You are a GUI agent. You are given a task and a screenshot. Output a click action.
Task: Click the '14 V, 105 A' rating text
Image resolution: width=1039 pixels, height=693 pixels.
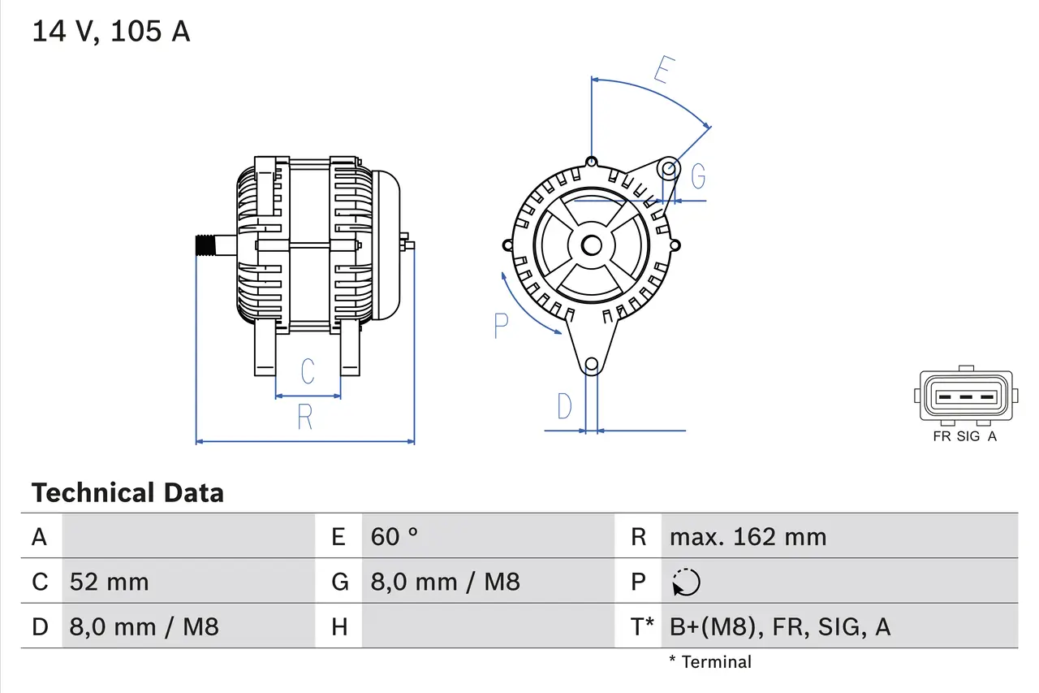pyautogui.click(x=110, y=32)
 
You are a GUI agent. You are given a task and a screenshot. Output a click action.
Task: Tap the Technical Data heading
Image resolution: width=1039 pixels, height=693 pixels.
pyautogui.click(x=127, y=492)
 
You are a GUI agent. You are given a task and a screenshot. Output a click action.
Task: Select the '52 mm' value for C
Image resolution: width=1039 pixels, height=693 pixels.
pyautogui.click(x=109, y=582)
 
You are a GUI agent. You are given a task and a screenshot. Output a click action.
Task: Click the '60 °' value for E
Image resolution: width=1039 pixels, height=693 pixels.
pyautogui.click(x=394, y=536)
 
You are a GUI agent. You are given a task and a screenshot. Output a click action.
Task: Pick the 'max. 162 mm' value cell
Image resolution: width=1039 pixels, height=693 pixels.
pyautogui.click(x=748, y=536)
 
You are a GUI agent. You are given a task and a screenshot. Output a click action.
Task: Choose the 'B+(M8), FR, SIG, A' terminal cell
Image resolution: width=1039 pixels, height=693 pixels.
pyautogui.click(x=779, y=626)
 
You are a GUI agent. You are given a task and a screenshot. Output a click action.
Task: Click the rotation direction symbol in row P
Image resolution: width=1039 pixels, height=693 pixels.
pyautogui.click(x=687, y=582)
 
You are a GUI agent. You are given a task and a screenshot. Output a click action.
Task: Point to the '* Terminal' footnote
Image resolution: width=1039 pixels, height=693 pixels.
pyautogui.click(x=710, y=662)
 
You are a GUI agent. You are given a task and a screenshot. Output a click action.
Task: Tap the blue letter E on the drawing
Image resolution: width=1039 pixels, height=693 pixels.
pyautogui.click(x=663, y=71)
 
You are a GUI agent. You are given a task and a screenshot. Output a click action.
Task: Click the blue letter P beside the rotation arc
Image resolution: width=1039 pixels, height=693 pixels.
pyautogui.click(x=501, y=327)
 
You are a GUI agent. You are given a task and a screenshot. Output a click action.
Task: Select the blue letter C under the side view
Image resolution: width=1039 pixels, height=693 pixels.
pyautogui.click(x=308, y=372)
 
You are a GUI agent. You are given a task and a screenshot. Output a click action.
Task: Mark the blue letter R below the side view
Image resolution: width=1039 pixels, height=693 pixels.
pyautogui.click(x=305, y=417)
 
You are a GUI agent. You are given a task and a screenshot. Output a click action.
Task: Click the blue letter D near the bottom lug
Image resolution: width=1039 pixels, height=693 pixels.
pyautogui.click(x=564, y=406)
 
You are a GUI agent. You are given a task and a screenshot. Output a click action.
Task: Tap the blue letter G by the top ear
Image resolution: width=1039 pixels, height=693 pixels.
pyautogui.click(x=697, y=175)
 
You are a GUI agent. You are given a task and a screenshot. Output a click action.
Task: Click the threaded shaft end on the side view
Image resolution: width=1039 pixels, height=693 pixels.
pyautogui.click(x=208, y=245)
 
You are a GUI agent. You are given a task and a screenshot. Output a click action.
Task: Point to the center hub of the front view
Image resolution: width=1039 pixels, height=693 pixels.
pyautogui.click(x=591, y=245)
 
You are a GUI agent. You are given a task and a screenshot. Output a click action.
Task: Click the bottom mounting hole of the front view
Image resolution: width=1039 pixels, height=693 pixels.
pyautogui.click(x=592, y=364)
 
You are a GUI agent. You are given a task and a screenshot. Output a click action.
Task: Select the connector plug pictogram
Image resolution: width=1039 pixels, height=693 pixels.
pyautogui.click(x=965, y=396)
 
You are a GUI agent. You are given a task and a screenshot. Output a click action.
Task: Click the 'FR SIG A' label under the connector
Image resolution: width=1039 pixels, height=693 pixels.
pyautogui.click(x=964, y=436)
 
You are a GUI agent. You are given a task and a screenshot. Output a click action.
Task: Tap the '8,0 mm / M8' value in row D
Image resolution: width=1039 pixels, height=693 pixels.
pyautogui.click(x=144, y=626)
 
